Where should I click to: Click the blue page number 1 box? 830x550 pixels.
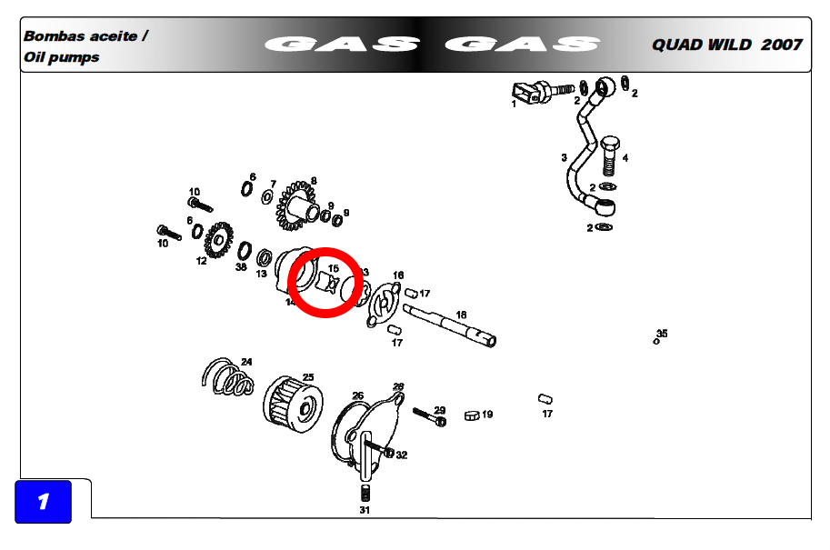[43, 501]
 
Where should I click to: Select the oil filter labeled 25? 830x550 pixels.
[293, 405]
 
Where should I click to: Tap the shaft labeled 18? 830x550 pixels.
[449, 325]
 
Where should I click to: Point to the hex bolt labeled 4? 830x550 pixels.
[610, 155]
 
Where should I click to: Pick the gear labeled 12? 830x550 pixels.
[218, 240]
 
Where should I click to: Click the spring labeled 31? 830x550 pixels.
[365, 494]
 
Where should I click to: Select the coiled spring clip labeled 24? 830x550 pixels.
[227, 377]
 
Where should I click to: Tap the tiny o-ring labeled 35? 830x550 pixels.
[656, 342]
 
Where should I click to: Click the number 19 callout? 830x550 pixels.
[487, 415]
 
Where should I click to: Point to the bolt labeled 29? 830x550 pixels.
[429, 416]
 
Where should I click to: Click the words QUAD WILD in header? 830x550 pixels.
[702, 45]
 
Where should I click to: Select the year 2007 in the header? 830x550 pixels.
[782, 45]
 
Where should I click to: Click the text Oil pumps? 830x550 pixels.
[62, 57]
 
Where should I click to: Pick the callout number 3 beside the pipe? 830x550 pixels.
[565, 158]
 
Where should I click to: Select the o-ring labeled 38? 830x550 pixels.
[245, 251]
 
